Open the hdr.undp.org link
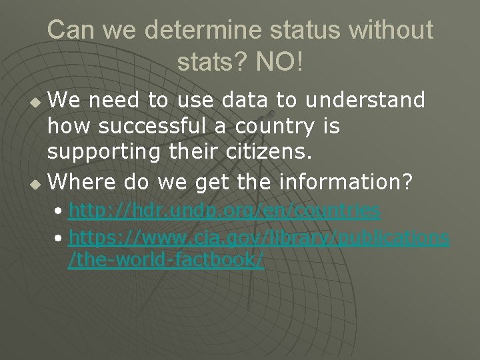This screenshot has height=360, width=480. [x=225, y=211]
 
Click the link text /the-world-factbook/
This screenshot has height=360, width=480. [x=166, y=260]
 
